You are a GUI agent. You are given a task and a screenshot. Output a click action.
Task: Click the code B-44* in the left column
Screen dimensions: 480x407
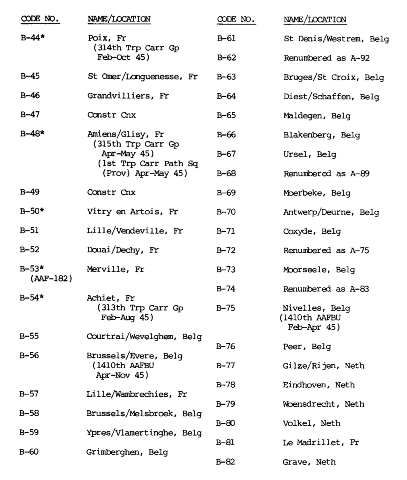[x=32, y=38]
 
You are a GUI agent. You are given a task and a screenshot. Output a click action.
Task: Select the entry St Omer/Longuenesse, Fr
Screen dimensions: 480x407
[x=143, y=77]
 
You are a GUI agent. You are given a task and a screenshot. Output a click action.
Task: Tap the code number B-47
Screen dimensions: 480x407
[x=30, y=115]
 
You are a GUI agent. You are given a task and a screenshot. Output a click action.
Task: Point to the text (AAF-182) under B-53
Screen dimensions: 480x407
[x=51, y=279]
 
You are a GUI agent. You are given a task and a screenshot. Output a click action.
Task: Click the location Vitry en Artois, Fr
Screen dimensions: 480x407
[x=132, y=212]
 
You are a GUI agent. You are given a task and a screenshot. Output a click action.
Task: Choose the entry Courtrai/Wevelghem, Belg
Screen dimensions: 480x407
[x=144, y=336]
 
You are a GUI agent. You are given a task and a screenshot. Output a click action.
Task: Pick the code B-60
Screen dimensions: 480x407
[x=29, y=452]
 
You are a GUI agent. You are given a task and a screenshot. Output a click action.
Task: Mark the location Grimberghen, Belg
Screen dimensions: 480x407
[x=127, y=452]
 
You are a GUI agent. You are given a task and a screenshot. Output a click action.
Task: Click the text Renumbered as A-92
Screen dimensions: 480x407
[x=327, y=58]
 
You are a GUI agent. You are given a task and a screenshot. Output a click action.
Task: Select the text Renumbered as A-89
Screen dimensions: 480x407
[x=326, y=174]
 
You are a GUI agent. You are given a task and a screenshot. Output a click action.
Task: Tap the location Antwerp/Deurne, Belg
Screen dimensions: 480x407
[x=331, y=212]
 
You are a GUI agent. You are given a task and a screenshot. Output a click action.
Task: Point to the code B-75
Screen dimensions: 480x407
[x=226, y=308]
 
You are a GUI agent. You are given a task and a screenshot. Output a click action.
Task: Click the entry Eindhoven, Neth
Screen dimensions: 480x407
[x=318, y=385]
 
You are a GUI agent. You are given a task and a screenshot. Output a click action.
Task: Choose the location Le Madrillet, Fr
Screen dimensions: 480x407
[x=321, y=442]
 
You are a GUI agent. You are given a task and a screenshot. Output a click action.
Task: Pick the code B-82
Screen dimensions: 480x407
[x=226, y=462]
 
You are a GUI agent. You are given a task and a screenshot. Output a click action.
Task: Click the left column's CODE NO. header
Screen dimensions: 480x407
[x=40, y=19]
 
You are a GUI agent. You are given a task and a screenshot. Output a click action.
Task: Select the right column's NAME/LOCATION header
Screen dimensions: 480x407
[x=315, y=20]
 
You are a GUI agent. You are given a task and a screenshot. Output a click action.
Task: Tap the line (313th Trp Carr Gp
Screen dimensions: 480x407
[x=140, y=308]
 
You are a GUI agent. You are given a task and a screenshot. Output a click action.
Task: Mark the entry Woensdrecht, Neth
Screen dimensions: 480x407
[x=323, y=404]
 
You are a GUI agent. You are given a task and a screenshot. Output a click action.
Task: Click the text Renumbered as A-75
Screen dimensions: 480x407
[x=326, y=250]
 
